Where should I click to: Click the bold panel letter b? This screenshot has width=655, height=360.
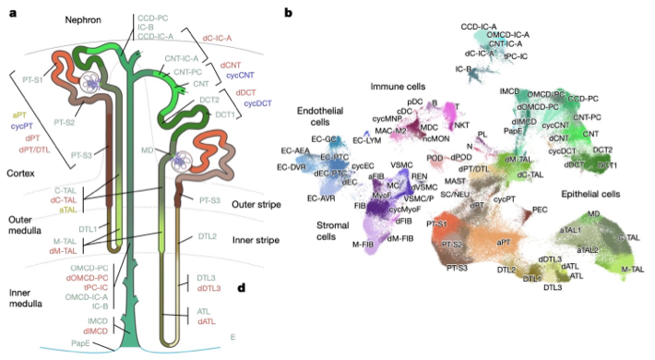coord(290,13)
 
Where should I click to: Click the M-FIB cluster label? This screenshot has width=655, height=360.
coord(343,242)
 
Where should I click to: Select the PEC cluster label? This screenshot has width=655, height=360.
coord(540,210)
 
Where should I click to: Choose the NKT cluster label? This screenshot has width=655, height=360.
coord(462,122)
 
